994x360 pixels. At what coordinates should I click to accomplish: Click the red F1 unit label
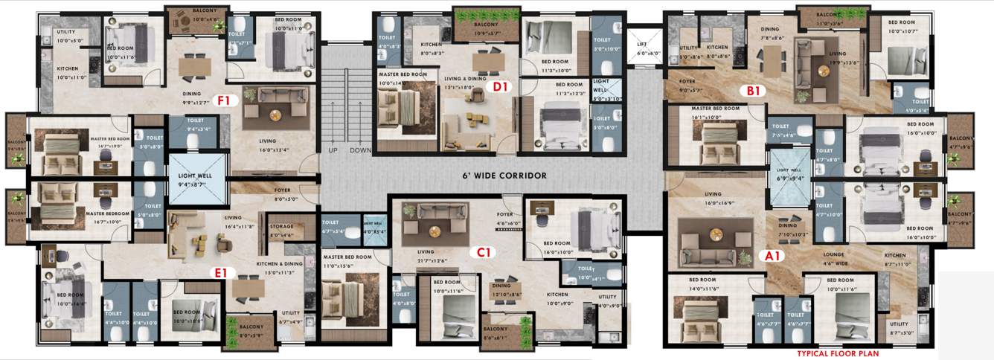click(223, 100)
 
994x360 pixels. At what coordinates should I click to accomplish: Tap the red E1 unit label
click(220, 273)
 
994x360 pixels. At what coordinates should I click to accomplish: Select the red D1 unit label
click(500, 87)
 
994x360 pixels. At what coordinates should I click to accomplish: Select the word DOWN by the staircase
click(360, 150)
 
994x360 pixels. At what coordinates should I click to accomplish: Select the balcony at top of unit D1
click(478, 27)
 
